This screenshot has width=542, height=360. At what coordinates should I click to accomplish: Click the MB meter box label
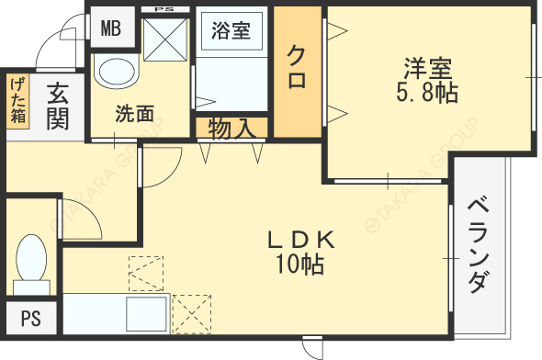(110, 28)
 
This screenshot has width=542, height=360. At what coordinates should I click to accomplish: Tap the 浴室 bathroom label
(231, 30)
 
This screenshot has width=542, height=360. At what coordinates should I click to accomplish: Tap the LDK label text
(299, 241)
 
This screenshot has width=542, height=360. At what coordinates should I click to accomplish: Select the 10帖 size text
(299, 266)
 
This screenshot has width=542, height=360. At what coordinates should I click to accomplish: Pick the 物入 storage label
(231, 127)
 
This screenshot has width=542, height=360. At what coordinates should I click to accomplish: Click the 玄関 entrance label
(56, 105)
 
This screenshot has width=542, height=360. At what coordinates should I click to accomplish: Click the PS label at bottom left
(30, 319)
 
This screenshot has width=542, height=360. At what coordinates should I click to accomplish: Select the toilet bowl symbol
(32, 257)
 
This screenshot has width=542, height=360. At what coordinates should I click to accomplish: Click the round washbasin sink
(116, 73)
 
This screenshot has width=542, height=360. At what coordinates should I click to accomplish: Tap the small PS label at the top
(165, 9)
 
